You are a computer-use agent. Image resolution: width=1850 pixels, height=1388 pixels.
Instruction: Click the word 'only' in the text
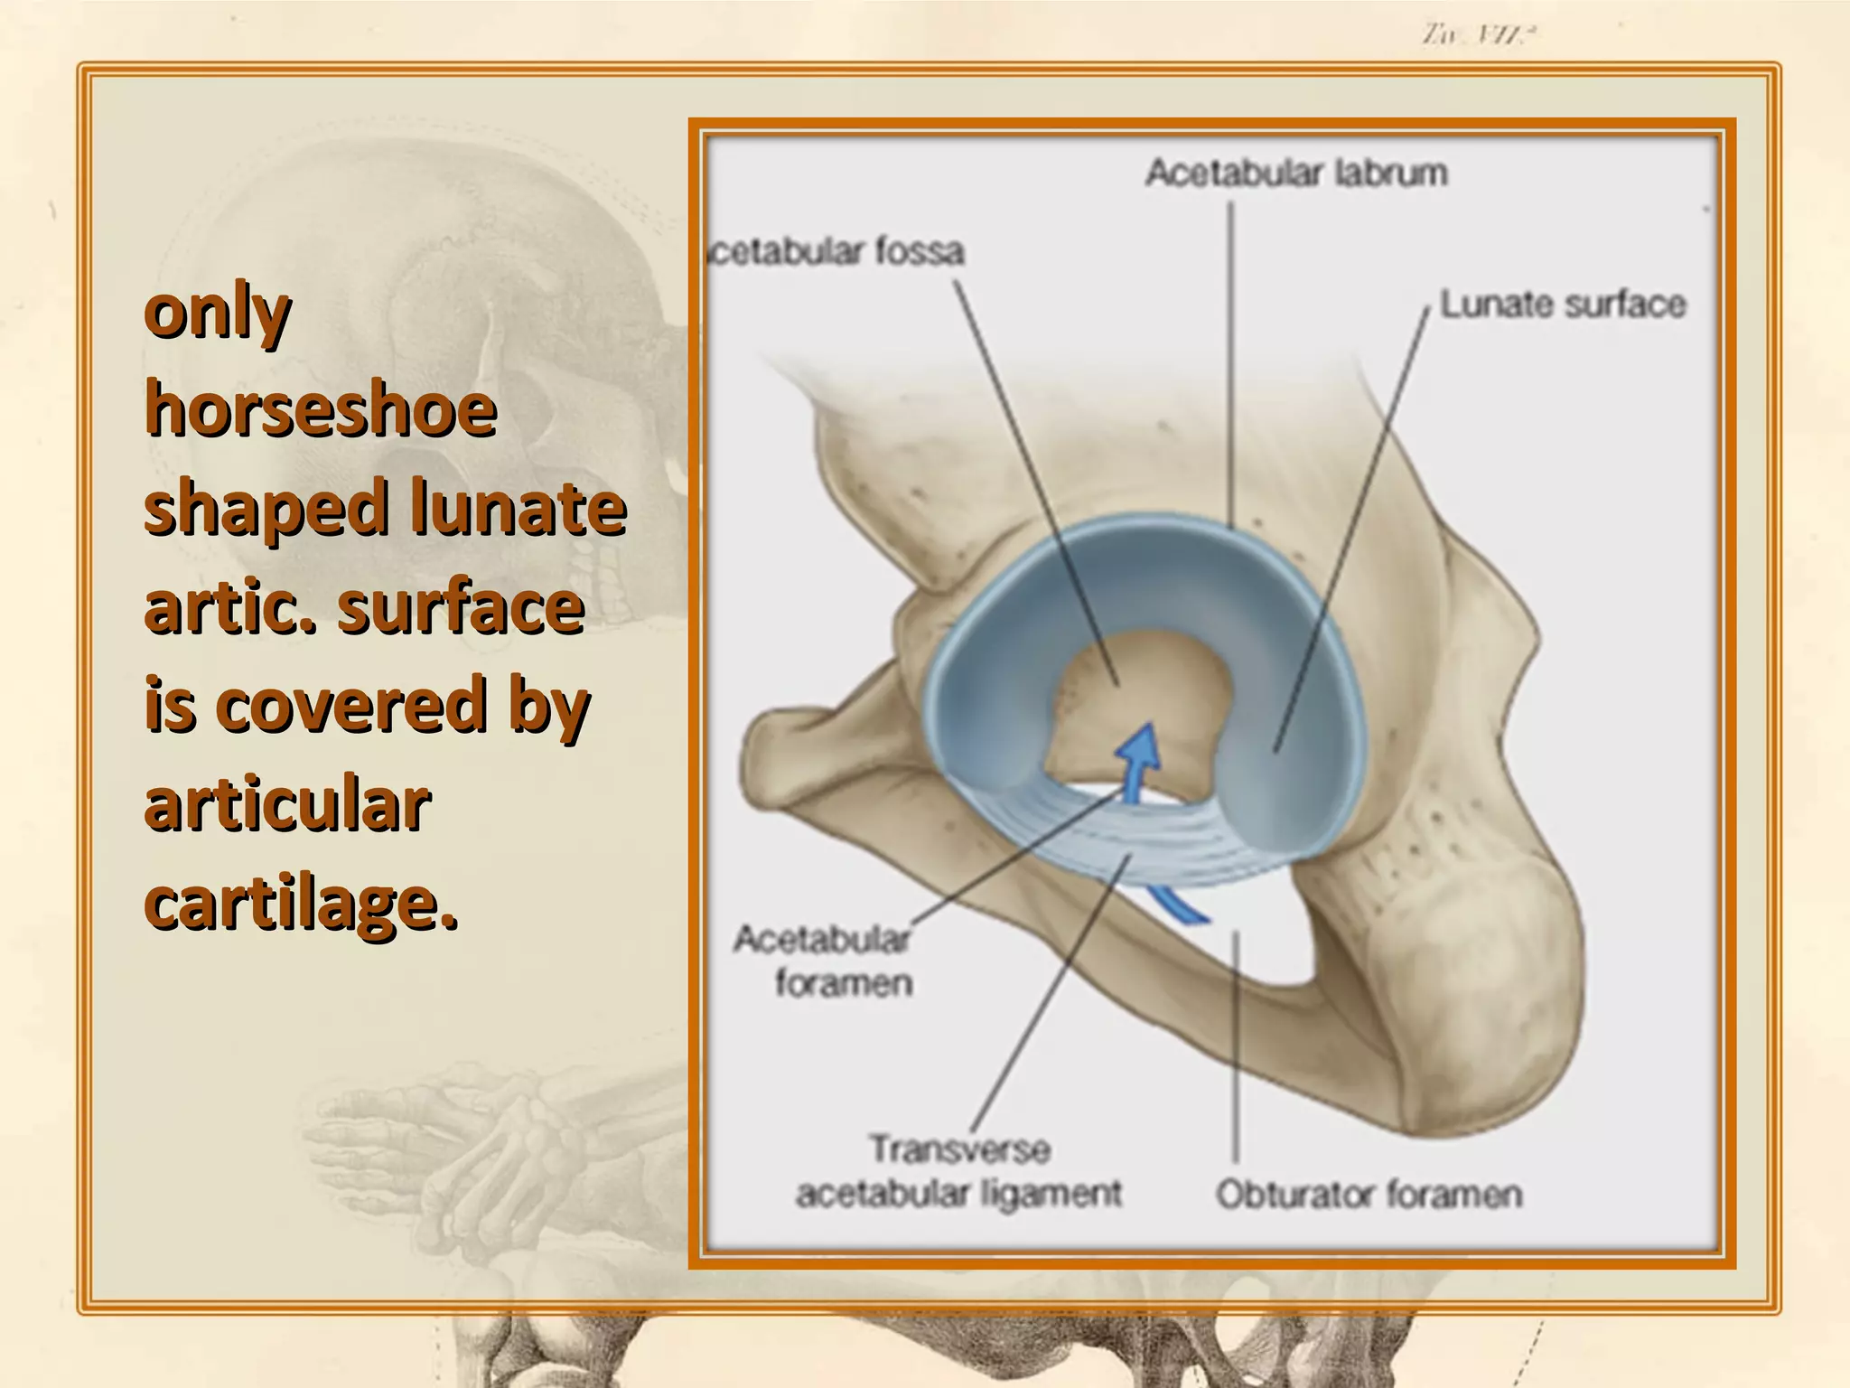218,314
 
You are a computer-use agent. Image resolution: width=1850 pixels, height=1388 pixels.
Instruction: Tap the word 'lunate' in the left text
518,509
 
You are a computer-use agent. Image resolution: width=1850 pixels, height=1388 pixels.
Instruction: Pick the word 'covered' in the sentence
352,706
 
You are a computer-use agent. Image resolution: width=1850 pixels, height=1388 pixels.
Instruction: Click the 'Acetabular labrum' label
1295,173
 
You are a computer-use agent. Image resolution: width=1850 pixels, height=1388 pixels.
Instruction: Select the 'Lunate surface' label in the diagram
1562,305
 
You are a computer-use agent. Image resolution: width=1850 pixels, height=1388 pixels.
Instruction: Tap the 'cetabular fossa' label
836,251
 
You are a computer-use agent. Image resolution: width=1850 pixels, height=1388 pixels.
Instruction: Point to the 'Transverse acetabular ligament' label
958,1172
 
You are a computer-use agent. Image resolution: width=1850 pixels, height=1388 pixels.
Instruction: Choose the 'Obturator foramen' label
1368,1195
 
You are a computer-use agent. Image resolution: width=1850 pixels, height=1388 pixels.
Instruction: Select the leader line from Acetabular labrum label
1230,361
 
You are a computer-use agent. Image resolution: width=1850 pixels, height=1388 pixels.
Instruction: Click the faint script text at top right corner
1479,35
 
